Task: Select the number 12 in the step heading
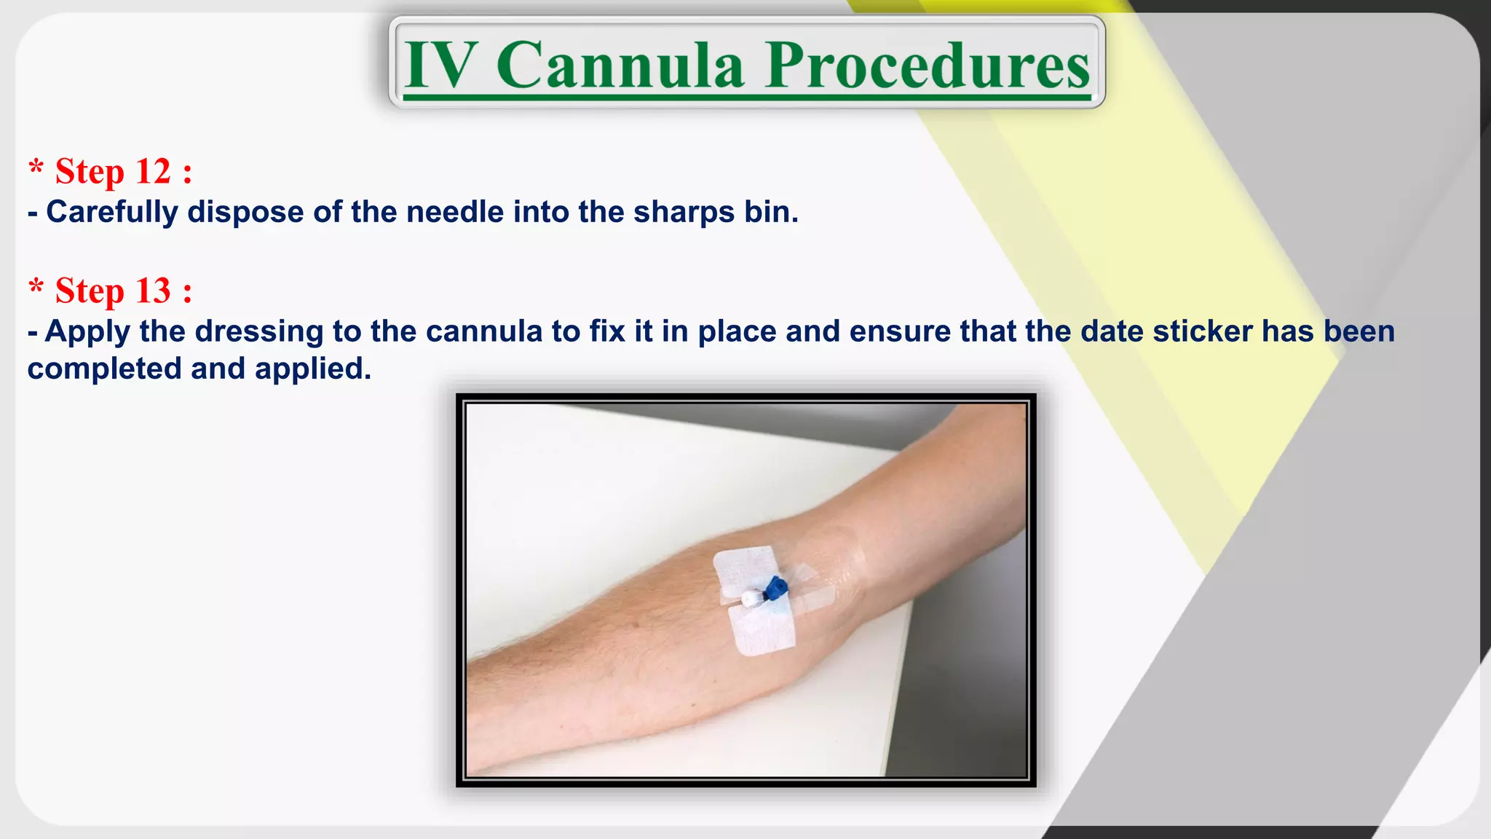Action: coord(153,172)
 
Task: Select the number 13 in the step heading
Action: coord(153,291)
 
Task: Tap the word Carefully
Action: coord(112,212)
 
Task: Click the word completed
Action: coord(103,369)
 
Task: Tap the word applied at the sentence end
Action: coord(312,369)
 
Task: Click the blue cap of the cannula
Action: coord(775,586)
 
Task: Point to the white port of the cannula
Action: coord(750,599)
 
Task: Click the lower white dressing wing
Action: coord(762,629)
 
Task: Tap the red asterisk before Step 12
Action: coord(36,168)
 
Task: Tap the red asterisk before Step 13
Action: coord(36,287)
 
